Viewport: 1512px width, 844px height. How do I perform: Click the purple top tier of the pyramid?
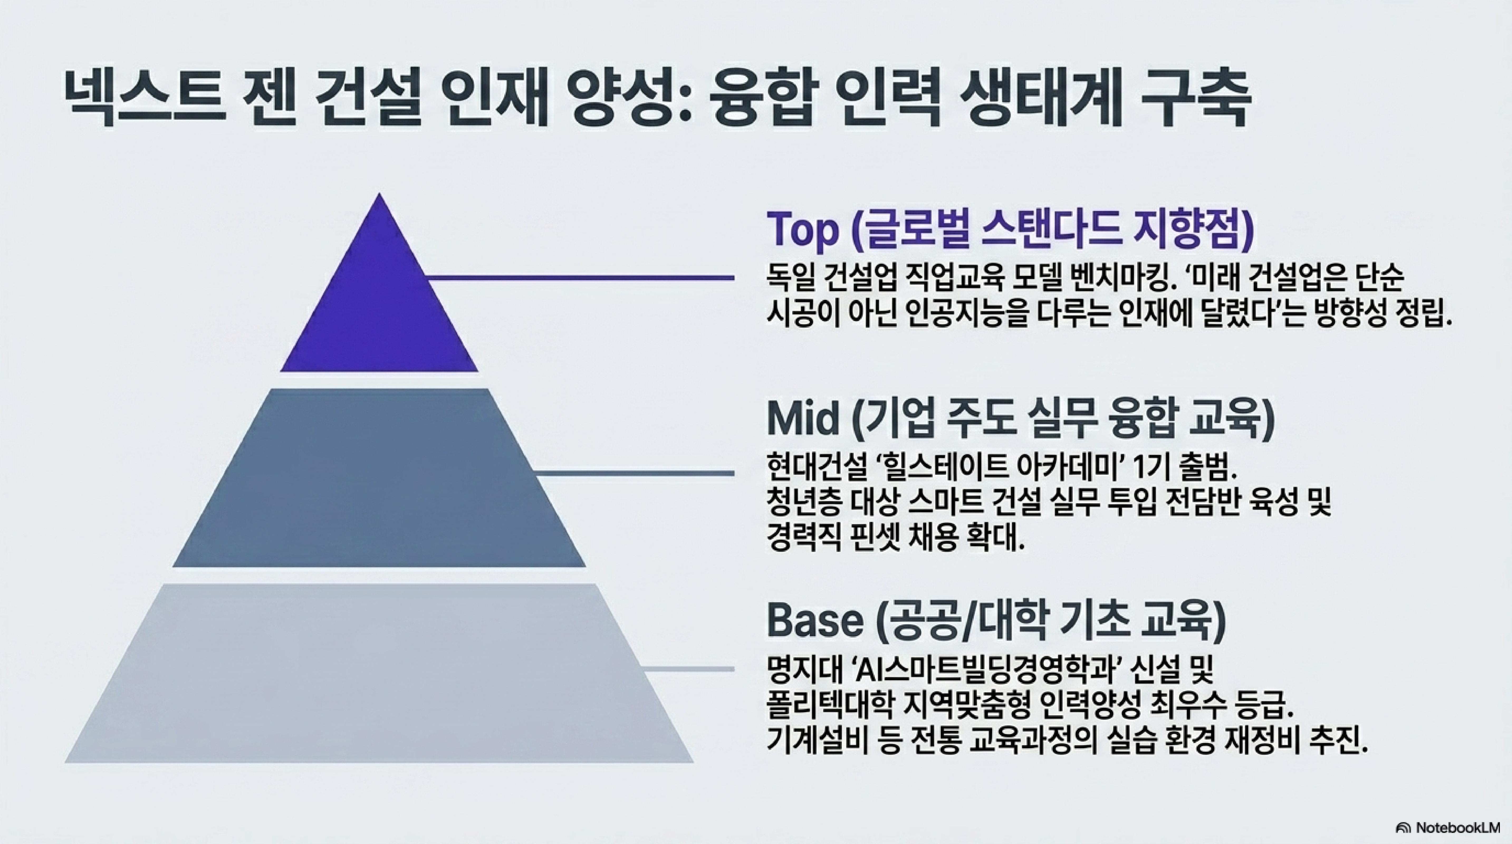pos(379,305)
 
